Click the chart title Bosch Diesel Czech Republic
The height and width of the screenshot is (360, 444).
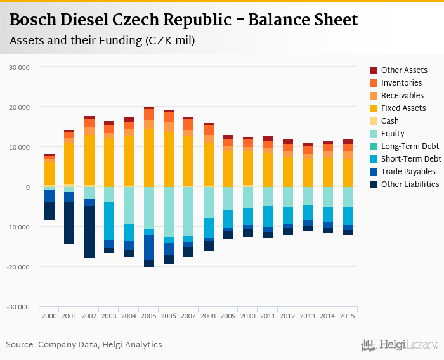184,20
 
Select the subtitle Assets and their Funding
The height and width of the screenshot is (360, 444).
102,41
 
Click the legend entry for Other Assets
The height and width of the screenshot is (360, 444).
404,70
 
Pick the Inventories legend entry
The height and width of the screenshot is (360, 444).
402,83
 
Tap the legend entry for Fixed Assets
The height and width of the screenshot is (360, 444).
403,108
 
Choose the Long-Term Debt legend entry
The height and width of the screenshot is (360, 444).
410,146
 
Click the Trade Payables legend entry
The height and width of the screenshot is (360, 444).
408,172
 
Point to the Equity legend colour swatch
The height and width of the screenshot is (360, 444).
374,134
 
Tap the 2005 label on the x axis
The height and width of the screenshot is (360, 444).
148,316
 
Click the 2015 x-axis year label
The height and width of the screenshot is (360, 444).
348,316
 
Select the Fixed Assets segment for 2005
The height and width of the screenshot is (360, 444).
148,158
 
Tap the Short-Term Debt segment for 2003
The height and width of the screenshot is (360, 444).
109,221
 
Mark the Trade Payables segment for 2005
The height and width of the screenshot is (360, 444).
148,248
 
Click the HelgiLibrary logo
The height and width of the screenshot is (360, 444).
400,345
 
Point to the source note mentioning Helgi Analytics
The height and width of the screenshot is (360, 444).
84,345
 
